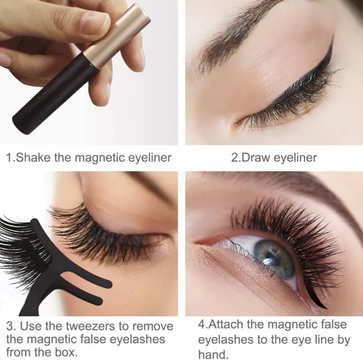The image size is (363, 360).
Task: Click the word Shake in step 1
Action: [x=34, y=158]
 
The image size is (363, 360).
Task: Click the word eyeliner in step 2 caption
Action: [x=295, y=158]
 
